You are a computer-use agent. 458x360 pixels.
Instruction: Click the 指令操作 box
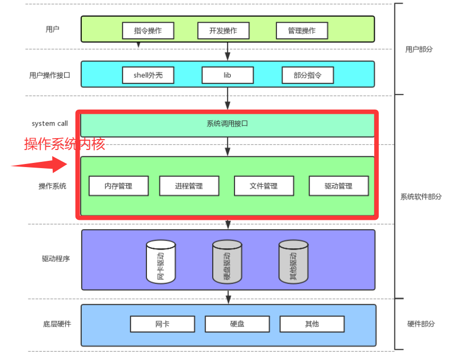[148, 31]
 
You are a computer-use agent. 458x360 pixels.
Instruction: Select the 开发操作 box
[224, 31]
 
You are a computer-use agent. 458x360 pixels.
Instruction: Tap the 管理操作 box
[302, 31]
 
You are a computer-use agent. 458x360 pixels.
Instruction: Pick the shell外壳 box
[148, 75]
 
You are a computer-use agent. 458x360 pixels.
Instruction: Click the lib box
[227, 75]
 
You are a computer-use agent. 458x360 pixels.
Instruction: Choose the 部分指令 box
[307, 75]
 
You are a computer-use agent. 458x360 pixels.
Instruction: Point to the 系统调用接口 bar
[227, 124]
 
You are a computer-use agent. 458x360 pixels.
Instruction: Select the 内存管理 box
[119, 186]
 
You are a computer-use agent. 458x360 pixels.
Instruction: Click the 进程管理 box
[189, 186]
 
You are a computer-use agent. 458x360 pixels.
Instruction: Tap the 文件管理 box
[264, 186]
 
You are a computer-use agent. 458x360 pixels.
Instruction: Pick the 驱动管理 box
[339, 186]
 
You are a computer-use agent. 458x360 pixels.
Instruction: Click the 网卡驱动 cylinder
[161, 262]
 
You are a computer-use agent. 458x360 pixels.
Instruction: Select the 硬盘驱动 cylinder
[227, 262]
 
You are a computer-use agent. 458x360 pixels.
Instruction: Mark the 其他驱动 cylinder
[293, 262]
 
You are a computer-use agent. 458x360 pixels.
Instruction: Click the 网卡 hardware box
[162, 324]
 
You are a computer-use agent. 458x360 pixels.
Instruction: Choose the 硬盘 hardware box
[237, 324]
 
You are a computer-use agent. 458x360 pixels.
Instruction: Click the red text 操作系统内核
[65, 144]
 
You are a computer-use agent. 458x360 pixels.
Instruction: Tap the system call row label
[50, 124]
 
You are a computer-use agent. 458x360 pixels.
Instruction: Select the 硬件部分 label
[421, 324]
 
